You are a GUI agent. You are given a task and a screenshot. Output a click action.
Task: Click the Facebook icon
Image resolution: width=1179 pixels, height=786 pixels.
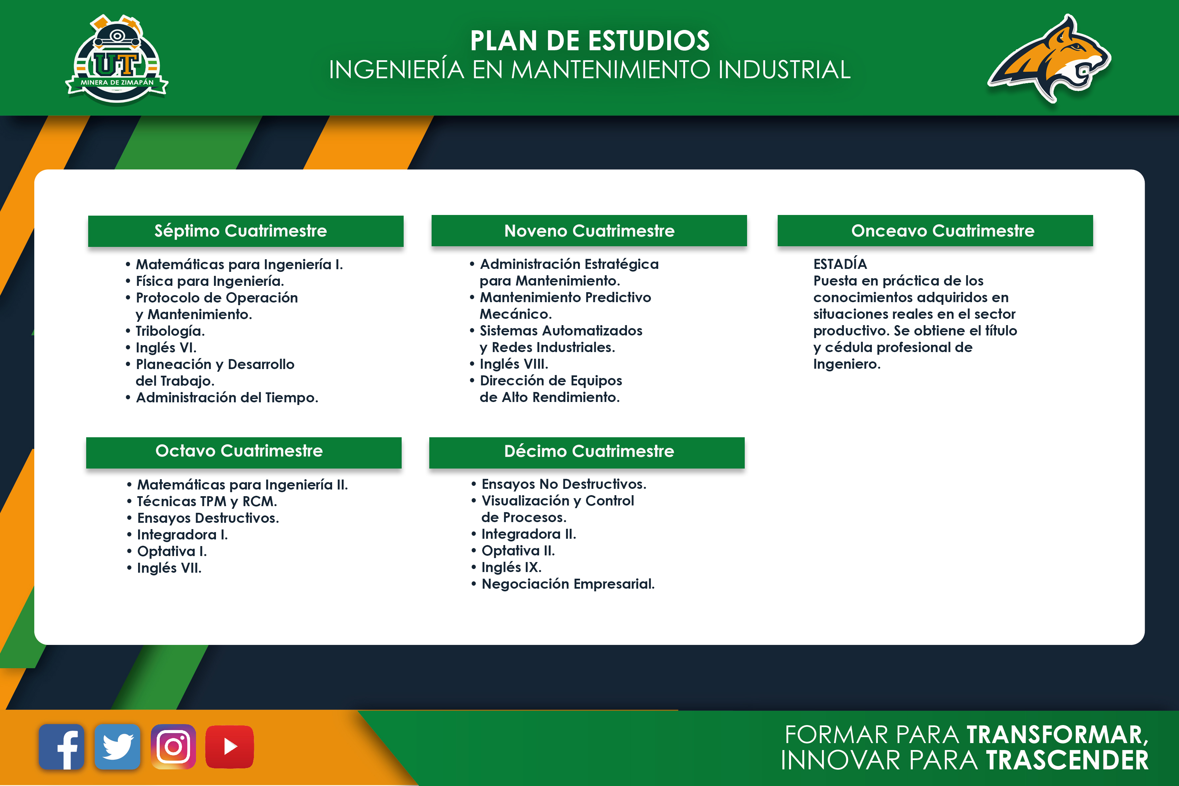62,747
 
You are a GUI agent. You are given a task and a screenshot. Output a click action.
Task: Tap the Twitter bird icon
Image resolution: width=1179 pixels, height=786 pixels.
117,747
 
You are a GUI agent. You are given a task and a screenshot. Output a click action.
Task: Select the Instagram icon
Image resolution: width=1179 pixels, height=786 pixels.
173,747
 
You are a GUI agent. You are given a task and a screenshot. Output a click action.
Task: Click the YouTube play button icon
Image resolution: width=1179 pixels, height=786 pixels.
230,747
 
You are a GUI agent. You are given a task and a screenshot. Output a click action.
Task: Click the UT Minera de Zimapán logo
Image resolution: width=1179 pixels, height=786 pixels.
117,60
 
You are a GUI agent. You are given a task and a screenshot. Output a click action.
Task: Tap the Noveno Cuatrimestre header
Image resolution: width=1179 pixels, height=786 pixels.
589,231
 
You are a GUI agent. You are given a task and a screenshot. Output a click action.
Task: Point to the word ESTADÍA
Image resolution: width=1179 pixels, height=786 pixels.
840,264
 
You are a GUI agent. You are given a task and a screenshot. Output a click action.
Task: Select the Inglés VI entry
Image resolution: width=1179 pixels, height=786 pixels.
161,348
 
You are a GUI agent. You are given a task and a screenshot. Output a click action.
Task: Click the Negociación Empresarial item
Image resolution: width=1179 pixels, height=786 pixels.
563,584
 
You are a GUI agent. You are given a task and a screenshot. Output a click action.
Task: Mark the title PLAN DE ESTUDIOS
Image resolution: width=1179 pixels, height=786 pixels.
590,41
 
